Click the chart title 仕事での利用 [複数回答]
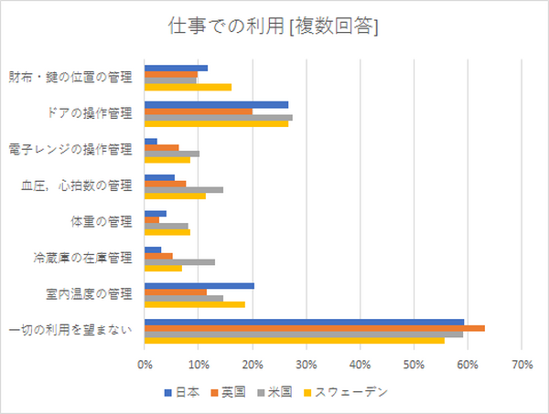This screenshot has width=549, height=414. pyautogui.click(x=274, y=27)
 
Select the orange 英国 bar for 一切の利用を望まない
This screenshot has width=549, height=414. pyautogui.click(x=315, y=327)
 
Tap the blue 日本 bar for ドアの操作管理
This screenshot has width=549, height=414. pyautogui.click(x=216, y=105)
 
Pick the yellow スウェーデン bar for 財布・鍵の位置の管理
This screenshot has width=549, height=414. pyautogui.click(x=188, y=88)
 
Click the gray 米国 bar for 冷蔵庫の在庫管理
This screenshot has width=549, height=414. pyautogui.click(x=179, y=261)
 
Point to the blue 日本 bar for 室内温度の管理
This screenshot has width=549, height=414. pyautogui.click(x=199, y=285)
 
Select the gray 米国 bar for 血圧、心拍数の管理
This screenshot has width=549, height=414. pyautogui.click(x=184, y=189)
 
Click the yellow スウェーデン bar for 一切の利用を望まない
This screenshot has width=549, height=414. pyautogui.click(x=295, y=341)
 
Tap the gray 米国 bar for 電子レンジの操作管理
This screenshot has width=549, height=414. pyautogui.click(x=172, y=154)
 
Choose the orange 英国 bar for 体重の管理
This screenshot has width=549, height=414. pyautogui.click(x=152, y=219)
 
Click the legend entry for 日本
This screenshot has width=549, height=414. pyautogui.click(x=183, y=392)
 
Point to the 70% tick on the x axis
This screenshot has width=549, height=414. pyautogui.click(x=522, y=366)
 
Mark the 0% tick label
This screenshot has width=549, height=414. pyautogui.click(x=145, y=366)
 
